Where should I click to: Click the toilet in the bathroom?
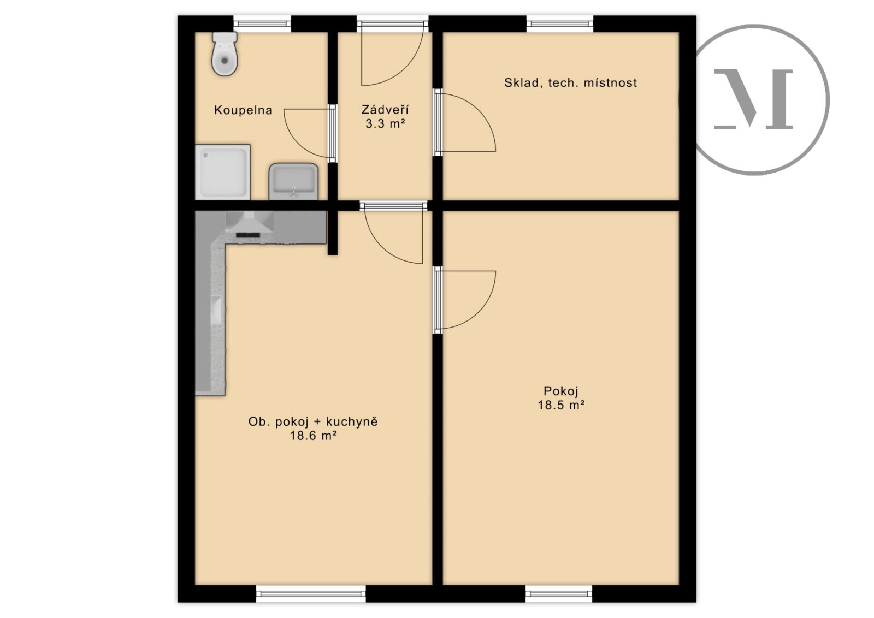point(225,54)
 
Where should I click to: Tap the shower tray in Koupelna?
point(222,172)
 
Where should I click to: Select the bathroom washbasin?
point(293,181)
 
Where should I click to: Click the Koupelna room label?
point(243,110)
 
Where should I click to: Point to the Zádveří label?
point(385,109)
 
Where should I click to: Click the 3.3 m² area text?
point(385,123)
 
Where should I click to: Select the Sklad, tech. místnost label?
point(570,82)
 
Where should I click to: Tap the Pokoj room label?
point(561,391)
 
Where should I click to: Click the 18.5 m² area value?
point(561,405)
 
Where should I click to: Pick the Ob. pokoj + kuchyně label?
point(313,421)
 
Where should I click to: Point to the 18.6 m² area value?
point(313,436)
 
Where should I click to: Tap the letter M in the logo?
point(753,99)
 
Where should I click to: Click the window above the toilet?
point(262,23)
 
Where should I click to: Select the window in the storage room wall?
point(560,23)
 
